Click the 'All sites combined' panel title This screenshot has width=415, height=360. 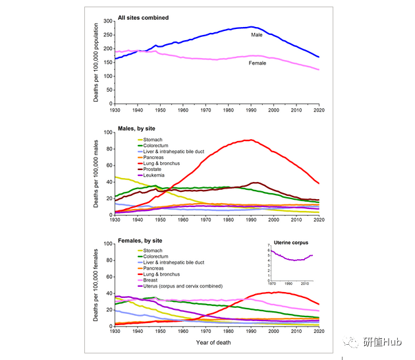[x=143, y=17]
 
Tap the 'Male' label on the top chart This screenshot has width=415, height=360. [x=256, y=34]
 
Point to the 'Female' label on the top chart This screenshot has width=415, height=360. [x=258, y=63]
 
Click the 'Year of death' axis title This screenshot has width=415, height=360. [x=217, y=343]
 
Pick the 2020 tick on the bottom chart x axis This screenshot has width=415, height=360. [x=319, y=332]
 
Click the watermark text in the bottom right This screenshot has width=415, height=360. [x=378, y=343]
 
